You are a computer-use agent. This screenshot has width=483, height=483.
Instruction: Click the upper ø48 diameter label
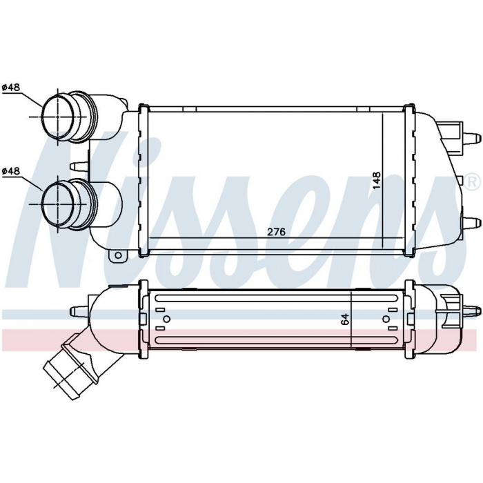11,88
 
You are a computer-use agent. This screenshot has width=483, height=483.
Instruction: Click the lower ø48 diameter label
11,171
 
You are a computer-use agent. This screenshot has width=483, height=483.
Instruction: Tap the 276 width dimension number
276,232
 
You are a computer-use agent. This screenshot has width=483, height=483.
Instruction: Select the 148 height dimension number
377,181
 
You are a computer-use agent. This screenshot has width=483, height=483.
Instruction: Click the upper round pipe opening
57,117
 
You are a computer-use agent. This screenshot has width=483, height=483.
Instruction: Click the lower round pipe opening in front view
57,204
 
